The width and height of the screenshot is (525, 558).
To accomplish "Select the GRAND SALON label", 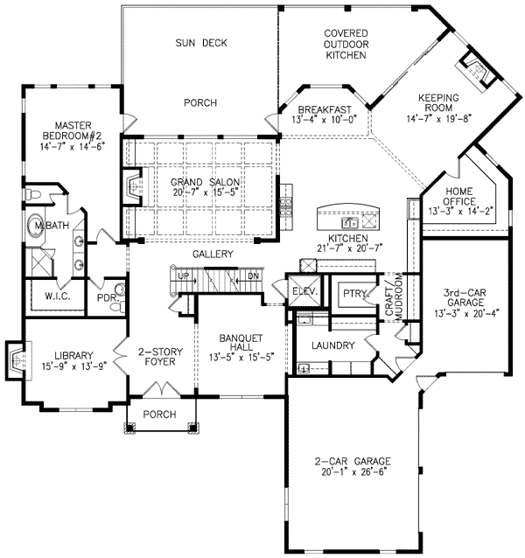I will (x=206, y=182).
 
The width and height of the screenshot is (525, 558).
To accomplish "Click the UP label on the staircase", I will (x=183, y=276).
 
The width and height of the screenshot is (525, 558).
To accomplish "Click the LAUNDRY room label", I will (x=334, y=345).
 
